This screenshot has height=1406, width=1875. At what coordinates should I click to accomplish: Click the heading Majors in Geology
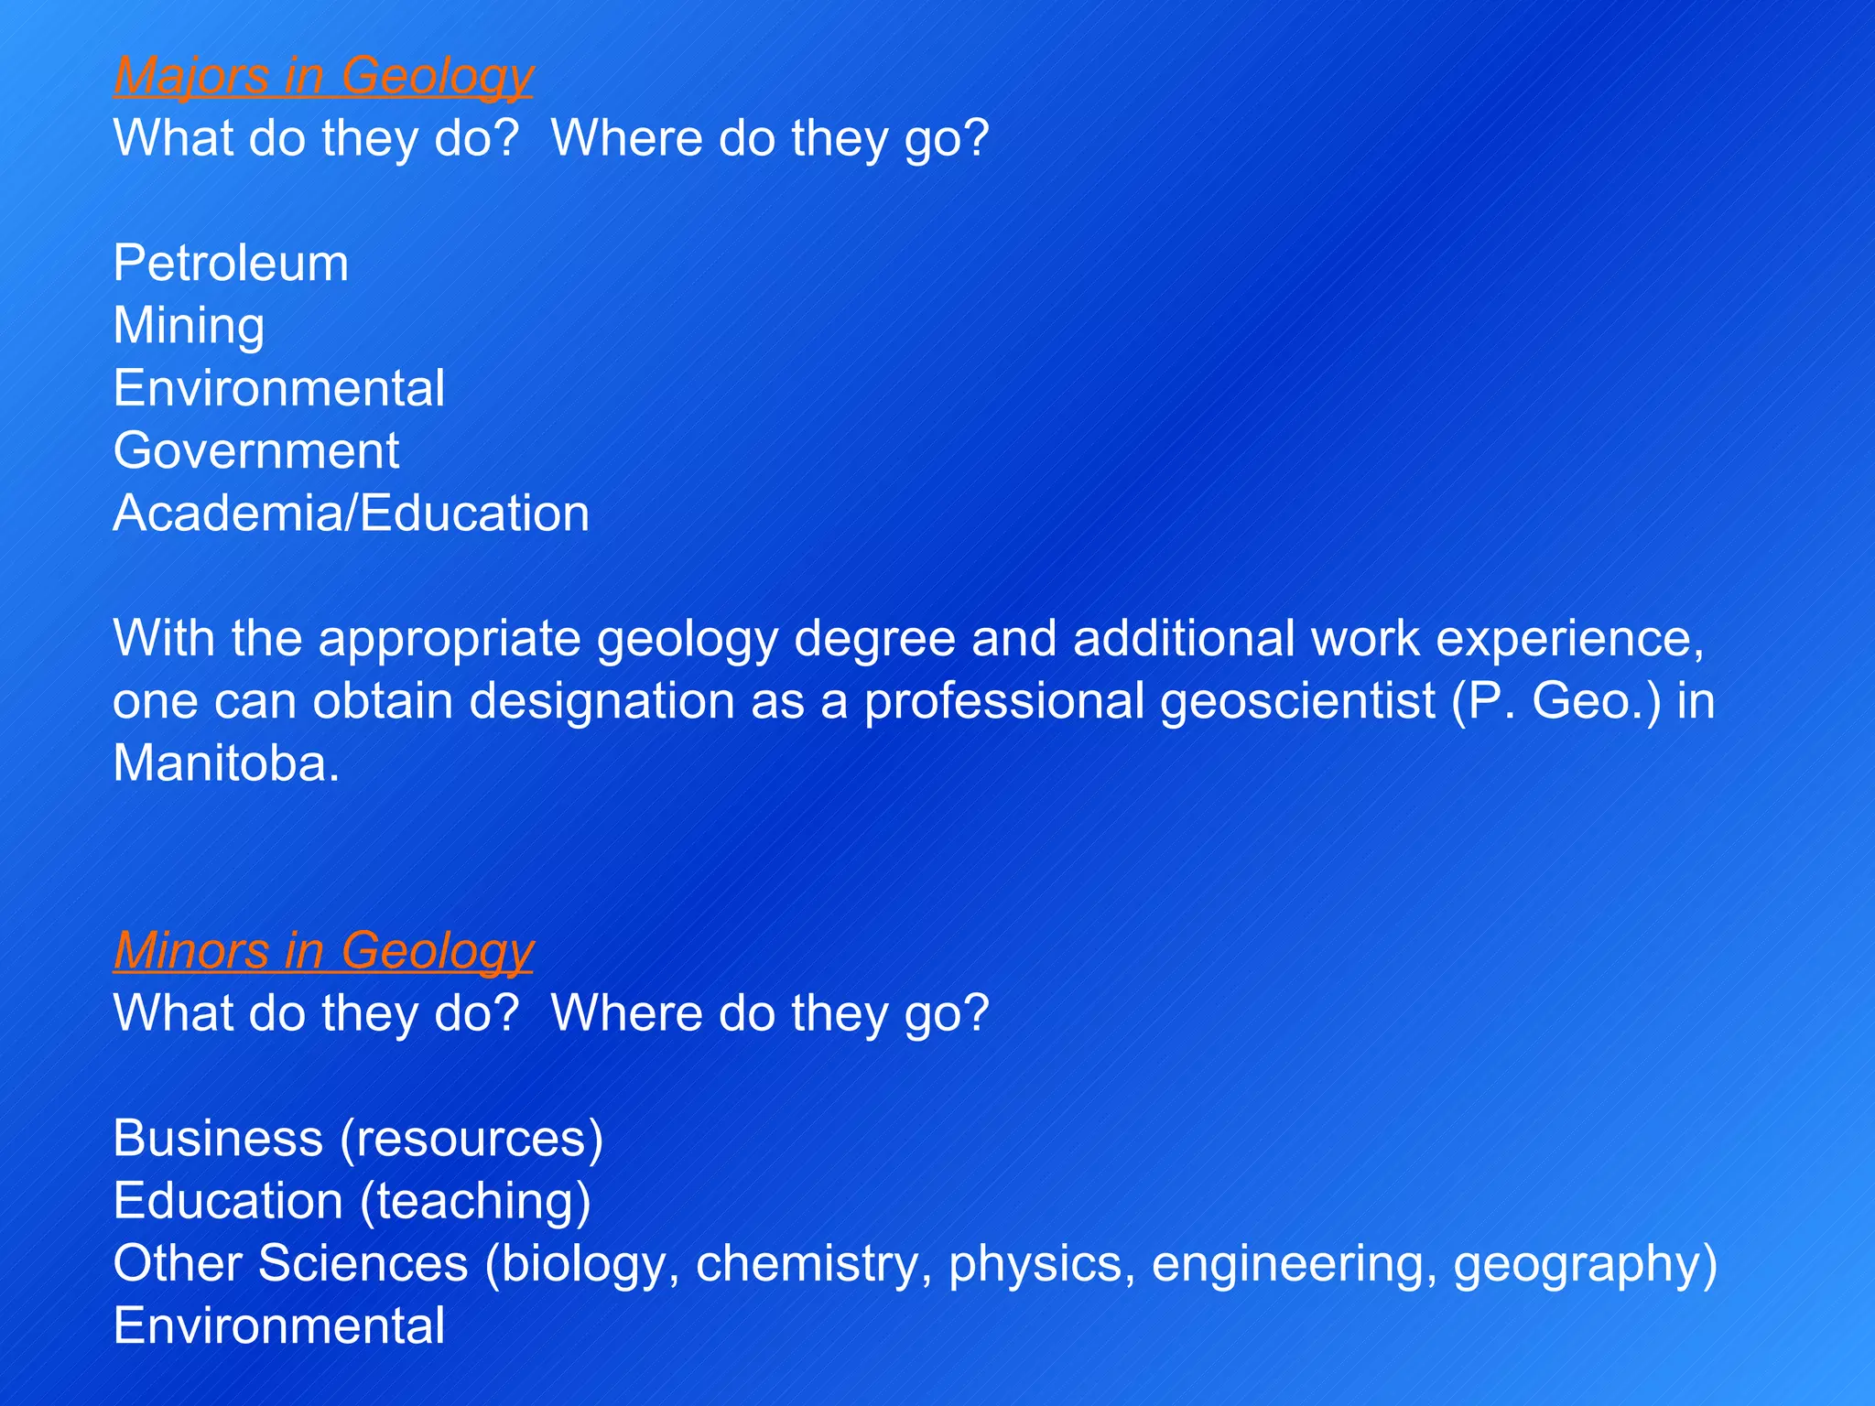[323, 76]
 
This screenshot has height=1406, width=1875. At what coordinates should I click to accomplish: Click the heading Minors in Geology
[323, 951]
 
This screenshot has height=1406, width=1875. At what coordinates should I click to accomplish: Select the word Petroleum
[231, 264]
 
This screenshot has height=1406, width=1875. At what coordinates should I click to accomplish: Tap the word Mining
[189, 327]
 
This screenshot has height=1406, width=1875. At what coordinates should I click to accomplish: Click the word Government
[256, 451]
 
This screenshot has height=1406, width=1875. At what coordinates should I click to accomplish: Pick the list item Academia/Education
[351, 514]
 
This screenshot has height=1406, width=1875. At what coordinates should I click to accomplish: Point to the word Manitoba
[225, 763]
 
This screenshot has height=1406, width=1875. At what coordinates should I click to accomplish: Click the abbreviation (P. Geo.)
[1555, 701]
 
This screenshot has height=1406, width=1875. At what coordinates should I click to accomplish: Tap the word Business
[218, 1139]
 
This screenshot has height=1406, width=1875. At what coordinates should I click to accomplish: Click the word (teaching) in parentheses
[475, 1201]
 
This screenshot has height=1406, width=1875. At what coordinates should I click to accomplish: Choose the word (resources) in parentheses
[471, 1139]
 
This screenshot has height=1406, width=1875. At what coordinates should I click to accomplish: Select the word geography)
[1585, 1264]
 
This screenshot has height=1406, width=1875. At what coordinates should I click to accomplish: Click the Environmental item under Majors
[278, 389]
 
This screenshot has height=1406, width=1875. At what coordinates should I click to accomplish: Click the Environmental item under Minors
[278, 1326]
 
